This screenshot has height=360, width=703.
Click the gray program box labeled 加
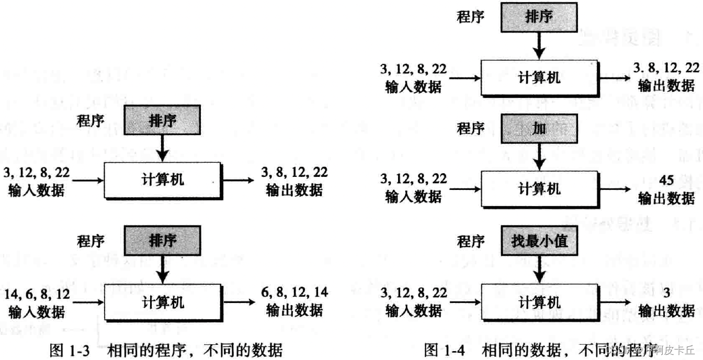click(539, 129)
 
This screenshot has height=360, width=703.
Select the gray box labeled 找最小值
click(539, 241)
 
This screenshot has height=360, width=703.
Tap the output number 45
click(666, 179)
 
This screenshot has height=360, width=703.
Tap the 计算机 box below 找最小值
click(539, 302)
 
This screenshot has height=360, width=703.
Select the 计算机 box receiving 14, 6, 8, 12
click(163, 302)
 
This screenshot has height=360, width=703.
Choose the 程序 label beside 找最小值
click(471, 241)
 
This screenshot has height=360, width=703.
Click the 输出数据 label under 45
click(666, 198)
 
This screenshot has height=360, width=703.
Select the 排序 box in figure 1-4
click(539, 17)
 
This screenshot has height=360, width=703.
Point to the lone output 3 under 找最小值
click(666, 292)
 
